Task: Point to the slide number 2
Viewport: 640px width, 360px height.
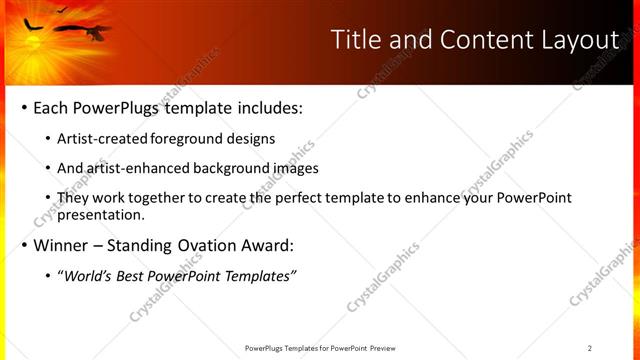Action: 590,348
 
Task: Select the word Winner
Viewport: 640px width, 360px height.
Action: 63,245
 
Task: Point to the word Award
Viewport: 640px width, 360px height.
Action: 264,245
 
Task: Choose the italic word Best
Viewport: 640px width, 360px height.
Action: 132,276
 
